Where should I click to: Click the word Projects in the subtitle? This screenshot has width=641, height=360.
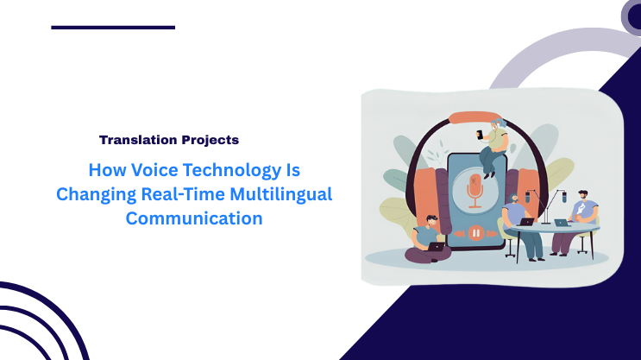pyautogui.click(x=210, y=139)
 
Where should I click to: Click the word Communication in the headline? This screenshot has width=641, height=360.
pyautogui.click(x=194, y=218)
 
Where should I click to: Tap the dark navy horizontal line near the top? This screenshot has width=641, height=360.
pyautogui.click(x=113, y=27)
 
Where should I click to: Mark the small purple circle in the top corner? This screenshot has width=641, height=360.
pyautogui.click(x=634, y=13)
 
